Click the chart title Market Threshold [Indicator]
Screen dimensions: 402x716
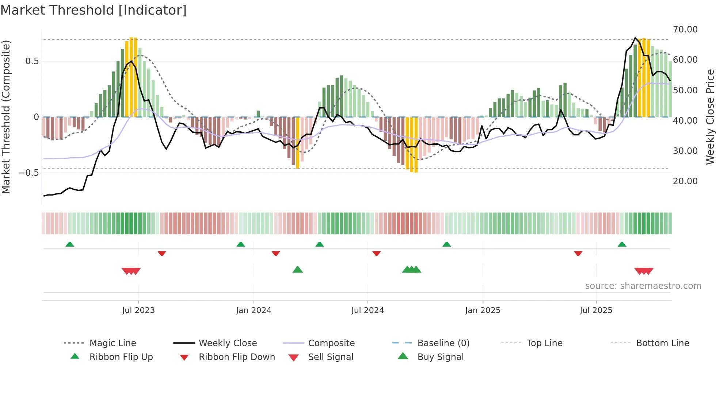(94, 10)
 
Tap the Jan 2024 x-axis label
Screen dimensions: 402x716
(254, 310)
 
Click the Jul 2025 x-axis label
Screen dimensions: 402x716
(596, 310)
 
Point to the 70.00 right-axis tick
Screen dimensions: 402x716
(685, 29)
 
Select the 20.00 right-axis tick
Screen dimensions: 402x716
(685, 181)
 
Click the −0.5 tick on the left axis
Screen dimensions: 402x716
(28, 173)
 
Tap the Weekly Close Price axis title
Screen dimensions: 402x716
(710, 117)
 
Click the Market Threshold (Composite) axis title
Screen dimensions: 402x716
(6, 117)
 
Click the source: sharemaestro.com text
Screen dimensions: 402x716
(643, 286)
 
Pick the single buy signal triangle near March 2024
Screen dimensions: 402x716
(298, 270)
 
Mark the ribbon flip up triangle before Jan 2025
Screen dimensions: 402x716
(446, 244)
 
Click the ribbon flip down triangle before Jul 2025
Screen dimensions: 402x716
(578, 253)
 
